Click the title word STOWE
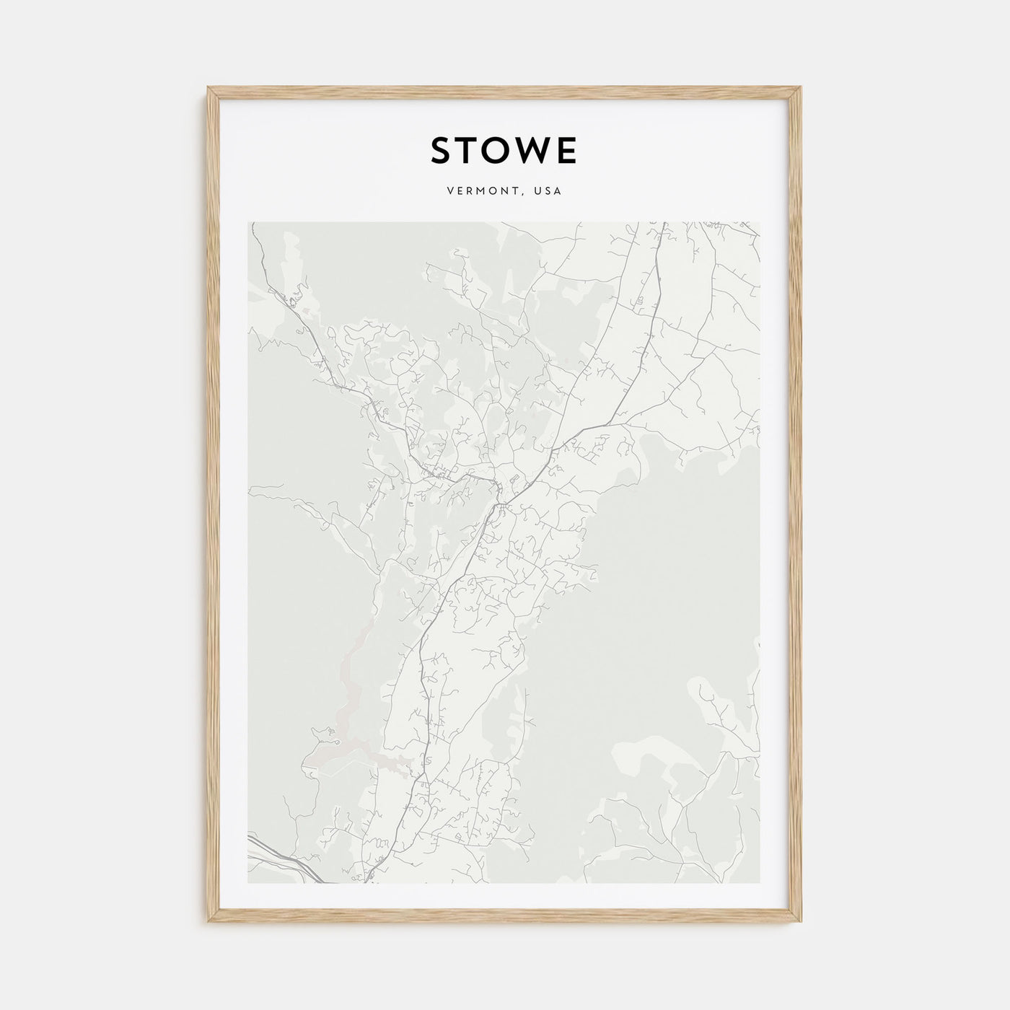504,151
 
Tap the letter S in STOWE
442,151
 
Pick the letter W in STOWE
537,151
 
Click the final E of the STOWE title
568,151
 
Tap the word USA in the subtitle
548,192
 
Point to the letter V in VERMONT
450,192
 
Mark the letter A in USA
558,192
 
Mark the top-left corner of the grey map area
249,223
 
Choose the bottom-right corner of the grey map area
760,882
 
